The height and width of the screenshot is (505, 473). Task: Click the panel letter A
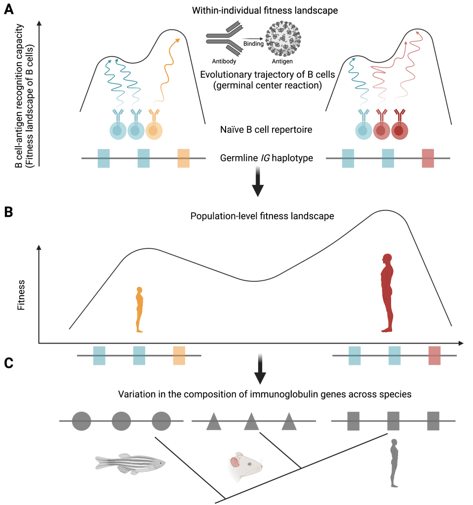[8, 10]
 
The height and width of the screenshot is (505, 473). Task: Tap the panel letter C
[8, 363]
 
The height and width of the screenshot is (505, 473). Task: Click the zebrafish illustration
[130, 464]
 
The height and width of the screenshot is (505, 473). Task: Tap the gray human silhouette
[394, 462]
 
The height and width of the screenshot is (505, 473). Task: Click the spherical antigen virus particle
[283, 39]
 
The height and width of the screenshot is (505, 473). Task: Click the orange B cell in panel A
[154, 130]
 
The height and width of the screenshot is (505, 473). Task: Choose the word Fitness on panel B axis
[21, 295]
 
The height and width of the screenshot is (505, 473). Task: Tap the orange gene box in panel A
[183, 158]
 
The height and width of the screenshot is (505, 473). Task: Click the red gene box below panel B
[434, 355]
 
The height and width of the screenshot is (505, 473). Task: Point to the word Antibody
[224, 61]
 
